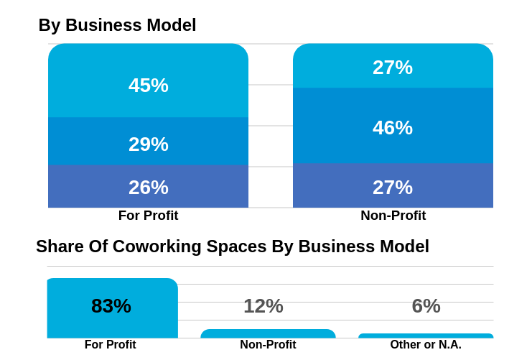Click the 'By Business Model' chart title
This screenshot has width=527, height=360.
tap(117, 25)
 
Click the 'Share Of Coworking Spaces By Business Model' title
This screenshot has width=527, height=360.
tap(233, 246)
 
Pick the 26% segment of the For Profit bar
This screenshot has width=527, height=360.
tap(148, 187)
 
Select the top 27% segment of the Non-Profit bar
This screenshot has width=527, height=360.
tap(393, 66)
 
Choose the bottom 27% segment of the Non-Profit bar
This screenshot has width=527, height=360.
tap(393, 186)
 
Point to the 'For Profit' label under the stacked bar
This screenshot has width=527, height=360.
tap(148, 216)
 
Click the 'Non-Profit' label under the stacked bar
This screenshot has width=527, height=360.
tap(393, 216)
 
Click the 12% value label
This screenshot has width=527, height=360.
tap(263, 306)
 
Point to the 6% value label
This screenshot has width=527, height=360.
tap(426, 306)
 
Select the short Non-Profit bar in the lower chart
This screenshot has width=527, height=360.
tap(268, 333)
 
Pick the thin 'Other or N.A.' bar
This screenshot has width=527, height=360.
tap(426, 336)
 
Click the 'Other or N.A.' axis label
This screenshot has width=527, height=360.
tap(426, 345)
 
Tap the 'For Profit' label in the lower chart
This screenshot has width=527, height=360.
tap(110, 345)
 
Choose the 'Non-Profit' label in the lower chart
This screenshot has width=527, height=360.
tap(268, 345)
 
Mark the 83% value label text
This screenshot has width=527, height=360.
tap(111, 306)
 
